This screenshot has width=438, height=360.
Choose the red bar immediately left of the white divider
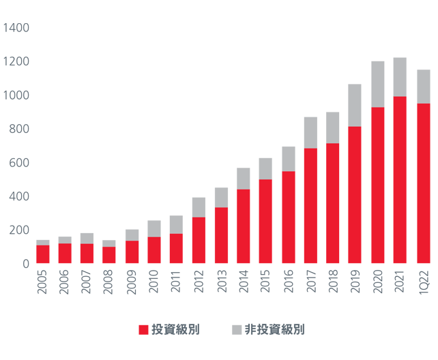(241, 218)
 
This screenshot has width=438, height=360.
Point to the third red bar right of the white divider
(310, 205)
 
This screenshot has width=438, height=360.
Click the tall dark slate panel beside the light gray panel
(55, 102)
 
